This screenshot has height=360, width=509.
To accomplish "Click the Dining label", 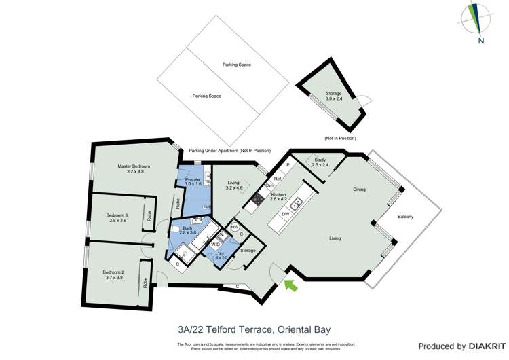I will tap(359, 190).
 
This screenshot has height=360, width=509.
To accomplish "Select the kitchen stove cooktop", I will tap(258, 199).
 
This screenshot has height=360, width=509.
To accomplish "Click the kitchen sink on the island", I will tap(297, 202).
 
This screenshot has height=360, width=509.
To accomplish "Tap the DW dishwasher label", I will tap(286, 213).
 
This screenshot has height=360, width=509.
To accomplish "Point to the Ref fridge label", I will tap(278, 179).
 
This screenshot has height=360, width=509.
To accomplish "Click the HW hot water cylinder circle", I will tap(235, 228).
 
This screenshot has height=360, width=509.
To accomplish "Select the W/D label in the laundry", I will tap(215, 244).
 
